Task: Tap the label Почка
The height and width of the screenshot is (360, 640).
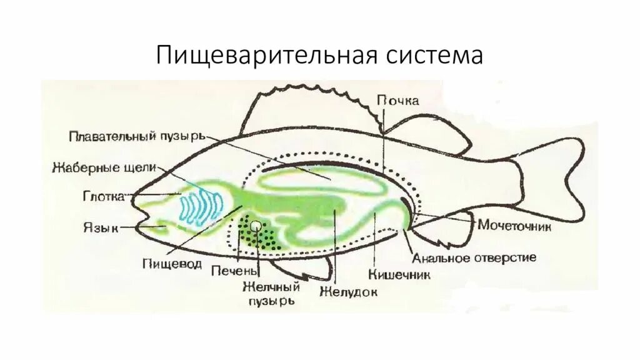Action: (x=397, y=101)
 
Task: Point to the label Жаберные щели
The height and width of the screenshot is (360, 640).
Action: (x=104, y=167)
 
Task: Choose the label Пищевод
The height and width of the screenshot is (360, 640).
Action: (x=171, y=264)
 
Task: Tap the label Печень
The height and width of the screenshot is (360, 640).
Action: (x=234, y=271)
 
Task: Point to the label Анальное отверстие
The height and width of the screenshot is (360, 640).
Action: (x=474, y=257)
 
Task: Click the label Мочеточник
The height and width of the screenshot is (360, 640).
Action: (x=514, y=226)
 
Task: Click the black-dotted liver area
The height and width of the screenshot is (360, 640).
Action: (x=262, y=236)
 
